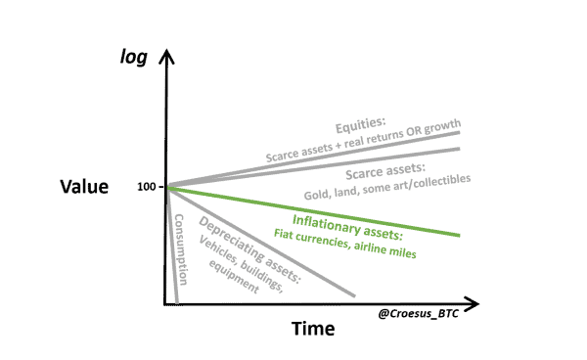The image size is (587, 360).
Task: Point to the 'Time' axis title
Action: pyautogui.click(x=313, y=329)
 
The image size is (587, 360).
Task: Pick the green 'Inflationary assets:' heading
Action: pyautogui.click(x=348, y=217)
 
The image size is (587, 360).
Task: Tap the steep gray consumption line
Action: pyautogui.click(x=172, y=254)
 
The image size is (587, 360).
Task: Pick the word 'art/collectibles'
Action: pyautogui.click(x=435, y=185)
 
